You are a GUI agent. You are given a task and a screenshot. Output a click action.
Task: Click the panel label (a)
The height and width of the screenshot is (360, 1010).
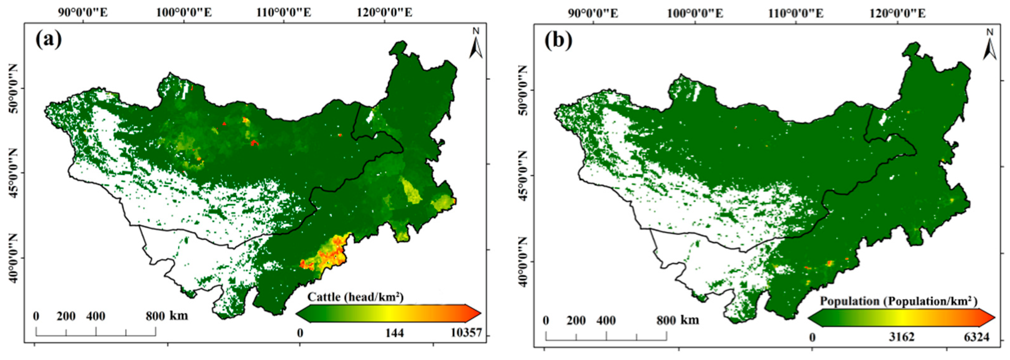point(49,39)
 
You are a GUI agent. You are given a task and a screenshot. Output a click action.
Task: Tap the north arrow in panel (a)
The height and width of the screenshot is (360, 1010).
point(476,44)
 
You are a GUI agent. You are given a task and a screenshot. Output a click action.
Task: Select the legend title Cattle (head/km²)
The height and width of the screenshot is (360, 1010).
point(355,297)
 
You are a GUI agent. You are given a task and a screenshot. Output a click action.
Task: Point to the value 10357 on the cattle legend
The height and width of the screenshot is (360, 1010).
point(466,333)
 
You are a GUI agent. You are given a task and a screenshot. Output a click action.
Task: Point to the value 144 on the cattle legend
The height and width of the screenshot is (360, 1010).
point(394,333)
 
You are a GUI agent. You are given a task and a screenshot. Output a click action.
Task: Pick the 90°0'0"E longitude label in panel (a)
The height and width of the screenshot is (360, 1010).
point(83,13)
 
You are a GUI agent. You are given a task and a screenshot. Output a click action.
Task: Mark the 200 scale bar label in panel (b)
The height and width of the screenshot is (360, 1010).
point(576,320)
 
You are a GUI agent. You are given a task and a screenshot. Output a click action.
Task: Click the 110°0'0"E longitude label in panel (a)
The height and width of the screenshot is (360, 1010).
point(284,13)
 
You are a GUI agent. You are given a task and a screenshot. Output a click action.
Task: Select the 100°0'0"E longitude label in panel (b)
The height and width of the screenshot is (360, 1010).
point(695,13)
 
